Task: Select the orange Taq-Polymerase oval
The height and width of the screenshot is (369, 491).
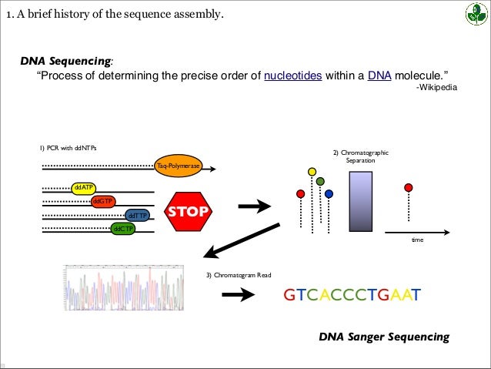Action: [x=179, y=166]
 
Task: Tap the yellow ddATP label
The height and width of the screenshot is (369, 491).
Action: [x=82, y=187]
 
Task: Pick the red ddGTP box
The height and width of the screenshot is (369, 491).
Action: [x=102, y=201]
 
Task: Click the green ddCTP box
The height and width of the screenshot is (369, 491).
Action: [x=122, y=229]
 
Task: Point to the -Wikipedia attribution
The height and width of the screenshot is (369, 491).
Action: [x=436, y=89]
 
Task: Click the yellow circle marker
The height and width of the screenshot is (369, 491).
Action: [x=312, y=171]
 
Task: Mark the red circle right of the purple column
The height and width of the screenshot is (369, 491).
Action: [x=408, y=187]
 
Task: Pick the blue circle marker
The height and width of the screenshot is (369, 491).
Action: [x=329, y=193]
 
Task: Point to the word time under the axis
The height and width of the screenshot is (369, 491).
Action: [x=417, y=240]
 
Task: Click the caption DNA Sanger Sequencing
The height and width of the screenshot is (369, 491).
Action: [x=383, y=337]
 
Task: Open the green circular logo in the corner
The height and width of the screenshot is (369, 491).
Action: [x=475, y=14]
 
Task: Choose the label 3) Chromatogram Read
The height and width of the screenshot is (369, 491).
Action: [x=239, y=275]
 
